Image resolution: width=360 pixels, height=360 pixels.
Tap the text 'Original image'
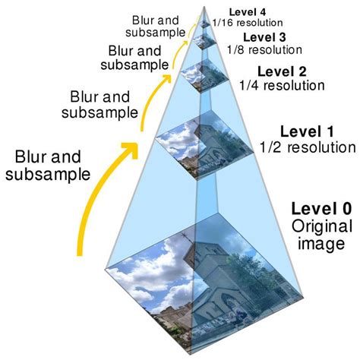320,235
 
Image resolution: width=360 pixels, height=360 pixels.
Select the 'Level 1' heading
306,131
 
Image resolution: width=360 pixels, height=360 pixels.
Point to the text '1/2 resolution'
307,147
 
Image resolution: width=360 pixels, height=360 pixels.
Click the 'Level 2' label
281,72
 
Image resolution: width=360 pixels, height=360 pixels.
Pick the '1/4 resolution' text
283,85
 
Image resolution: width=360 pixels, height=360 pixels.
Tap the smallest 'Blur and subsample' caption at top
158,26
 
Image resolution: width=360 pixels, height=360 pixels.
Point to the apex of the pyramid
205,5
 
